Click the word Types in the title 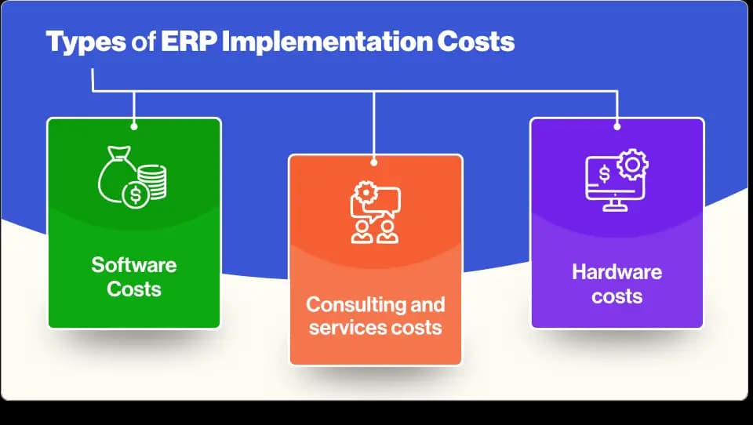click(85, 42)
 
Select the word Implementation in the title click(326, 42)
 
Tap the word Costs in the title click(475, 42)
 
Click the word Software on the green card click(134, 265)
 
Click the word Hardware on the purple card click(617, 272)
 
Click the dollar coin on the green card click(136, 196)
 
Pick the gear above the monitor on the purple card click(632, 165)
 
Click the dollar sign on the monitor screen click(605, 174)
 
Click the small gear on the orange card click(366, 192)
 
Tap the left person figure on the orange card click(362, 232)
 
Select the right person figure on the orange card click(387, 232)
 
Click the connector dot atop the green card click(134, 126)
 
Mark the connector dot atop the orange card click(374, 163)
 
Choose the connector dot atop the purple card click(617, 126)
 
